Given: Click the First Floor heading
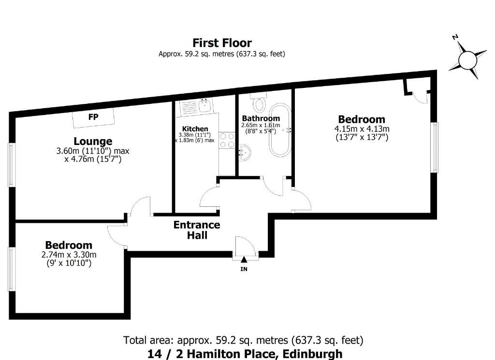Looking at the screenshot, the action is click(222, 43).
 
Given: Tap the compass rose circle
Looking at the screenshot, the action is click(467, 60).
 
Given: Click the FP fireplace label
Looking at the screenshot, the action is click(93, 117).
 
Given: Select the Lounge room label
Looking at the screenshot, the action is click(93, 141).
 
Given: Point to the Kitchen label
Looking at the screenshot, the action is click(195, 129).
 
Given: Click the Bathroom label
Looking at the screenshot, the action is click(261, 118).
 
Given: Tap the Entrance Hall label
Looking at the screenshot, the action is click(197, 230).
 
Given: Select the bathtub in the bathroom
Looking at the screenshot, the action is click(280, 130).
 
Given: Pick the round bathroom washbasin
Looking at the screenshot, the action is click(244, 153).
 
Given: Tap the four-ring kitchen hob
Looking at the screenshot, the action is click(227, 141).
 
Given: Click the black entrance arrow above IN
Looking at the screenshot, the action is click(244, 259).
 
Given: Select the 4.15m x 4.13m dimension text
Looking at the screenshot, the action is click(362, 129).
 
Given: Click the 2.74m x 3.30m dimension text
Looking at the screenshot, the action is click(69, 254).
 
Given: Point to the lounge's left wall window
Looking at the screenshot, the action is click(12, 165).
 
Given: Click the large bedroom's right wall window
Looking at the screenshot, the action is click(435, 147).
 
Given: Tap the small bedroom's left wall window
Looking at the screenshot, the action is click(12, 269).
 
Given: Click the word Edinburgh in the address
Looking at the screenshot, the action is click(313, 354).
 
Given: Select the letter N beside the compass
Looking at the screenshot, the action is click(455, 37).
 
